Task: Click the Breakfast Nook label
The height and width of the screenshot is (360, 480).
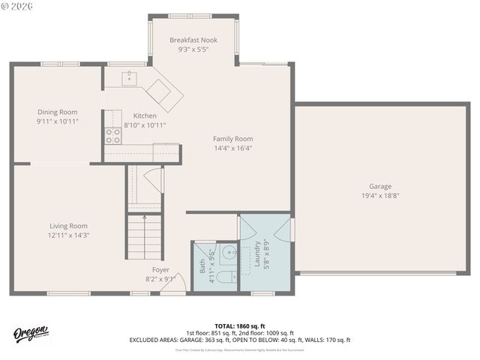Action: pos(193,40)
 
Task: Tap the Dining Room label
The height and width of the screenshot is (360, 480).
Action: pos(58,112)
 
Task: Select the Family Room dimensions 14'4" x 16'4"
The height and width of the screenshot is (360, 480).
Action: pos(232,148)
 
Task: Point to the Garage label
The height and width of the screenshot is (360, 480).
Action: pos(379,186)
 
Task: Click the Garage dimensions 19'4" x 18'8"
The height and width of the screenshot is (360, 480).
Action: pos(379,196)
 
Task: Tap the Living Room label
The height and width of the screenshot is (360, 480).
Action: pos(68,226)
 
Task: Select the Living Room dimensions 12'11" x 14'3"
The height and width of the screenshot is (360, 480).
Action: pos(68,235)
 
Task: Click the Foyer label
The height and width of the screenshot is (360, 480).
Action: pos(160,269)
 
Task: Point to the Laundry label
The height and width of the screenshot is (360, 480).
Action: pos(256,254)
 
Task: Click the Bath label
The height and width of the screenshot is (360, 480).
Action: pos(202,265)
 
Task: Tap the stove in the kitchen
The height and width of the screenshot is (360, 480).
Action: pos(112,135)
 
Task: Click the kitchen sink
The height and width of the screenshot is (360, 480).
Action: pos(129,76)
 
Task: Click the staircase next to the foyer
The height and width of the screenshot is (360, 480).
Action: pos(144,236)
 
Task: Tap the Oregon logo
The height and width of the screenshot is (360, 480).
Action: pos(31,333)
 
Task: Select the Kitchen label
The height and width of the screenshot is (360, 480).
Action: pos(145,115)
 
